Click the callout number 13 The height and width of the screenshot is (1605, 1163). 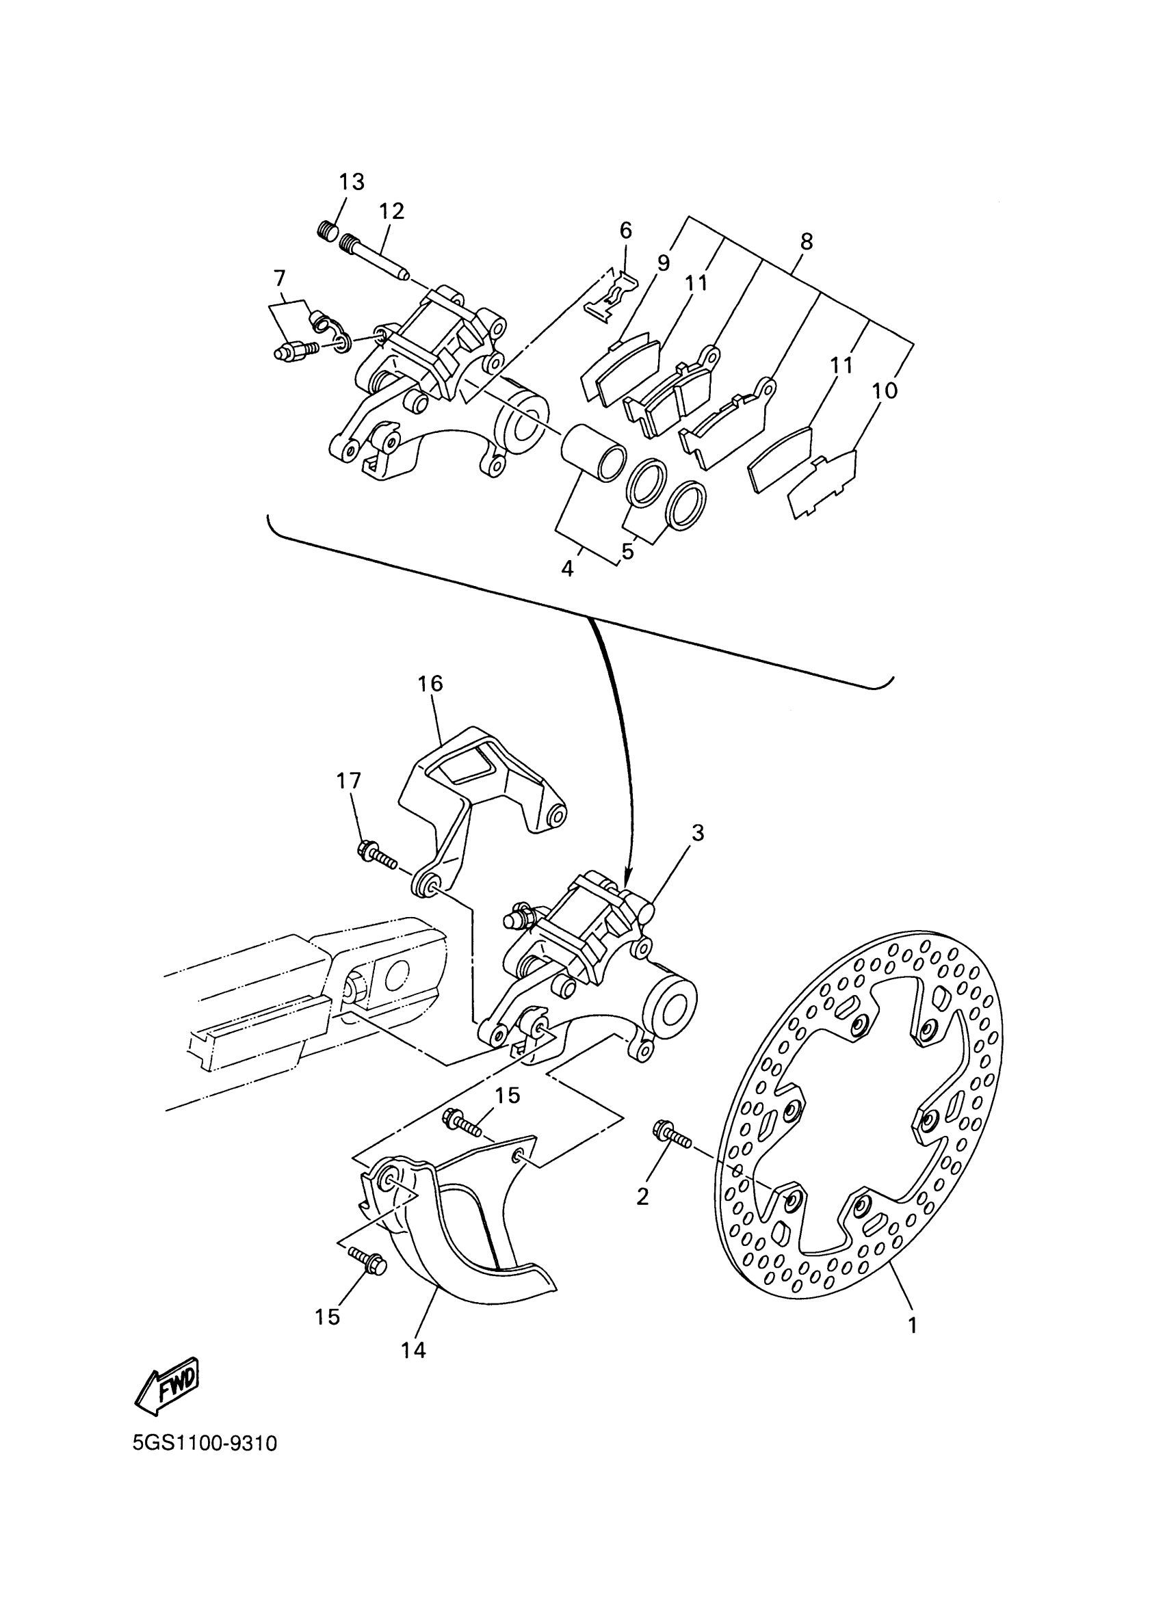point(351,182)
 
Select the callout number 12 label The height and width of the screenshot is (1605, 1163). point(391,211)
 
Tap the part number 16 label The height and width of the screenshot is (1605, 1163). point(430,684)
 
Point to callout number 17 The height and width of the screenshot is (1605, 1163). point(348,780)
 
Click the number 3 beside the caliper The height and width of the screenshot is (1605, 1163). point(698,833)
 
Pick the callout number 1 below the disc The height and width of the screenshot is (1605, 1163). point(913,1325)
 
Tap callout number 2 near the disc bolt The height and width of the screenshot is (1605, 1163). point(642,1197)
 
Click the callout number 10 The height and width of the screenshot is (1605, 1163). point(885,390)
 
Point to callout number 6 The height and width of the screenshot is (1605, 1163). point(625,230)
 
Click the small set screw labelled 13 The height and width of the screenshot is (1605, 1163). point(325,230)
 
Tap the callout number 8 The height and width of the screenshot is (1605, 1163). point(807,241)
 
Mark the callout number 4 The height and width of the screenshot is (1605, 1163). point(567,568)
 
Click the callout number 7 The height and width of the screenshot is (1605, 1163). point(279,277)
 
